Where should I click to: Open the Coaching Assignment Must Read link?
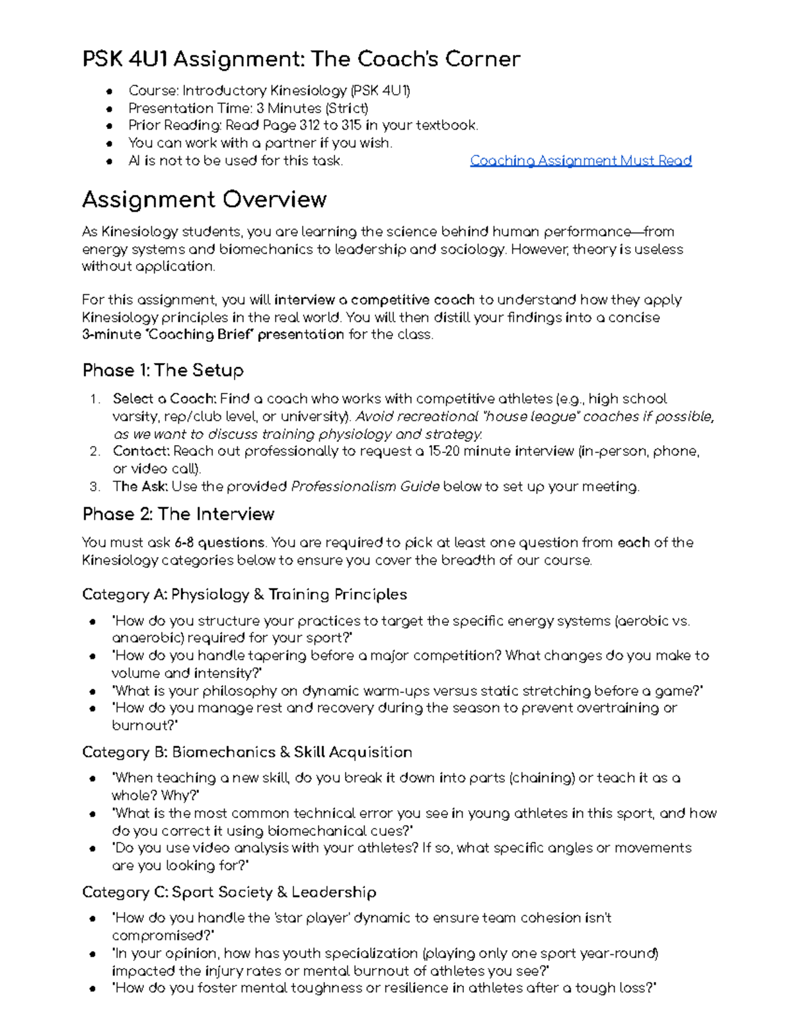point(580,161)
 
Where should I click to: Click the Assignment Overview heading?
point(204,200)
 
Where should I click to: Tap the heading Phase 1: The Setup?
point(163,370)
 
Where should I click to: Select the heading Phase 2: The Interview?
point(178,514)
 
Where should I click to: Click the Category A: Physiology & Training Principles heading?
point(244,595)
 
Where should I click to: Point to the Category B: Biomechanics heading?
point(246,752)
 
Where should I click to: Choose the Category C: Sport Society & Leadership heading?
point(229,892)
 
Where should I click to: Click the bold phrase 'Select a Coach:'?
point(164,399)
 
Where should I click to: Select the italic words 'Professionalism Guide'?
point(365,487)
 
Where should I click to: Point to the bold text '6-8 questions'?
point(219,543)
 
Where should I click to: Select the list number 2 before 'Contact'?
point(94,452)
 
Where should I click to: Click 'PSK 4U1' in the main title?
point(124,60)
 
